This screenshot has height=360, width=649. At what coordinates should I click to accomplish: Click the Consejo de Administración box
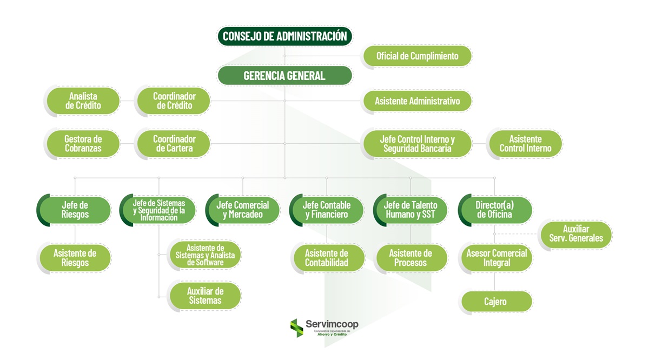click(x=284, y=36)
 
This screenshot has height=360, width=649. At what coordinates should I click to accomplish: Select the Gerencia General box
click(x=284, y=76)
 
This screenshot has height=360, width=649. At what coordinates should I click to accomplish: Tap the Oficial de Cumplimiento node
click(x=417, y=56)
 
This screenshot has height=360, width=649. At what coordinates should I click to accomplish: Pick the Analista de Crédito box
click(x=83, y=101)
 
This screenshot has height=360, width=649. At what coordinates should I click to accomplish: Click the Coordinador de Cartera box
click(x=174, y=144)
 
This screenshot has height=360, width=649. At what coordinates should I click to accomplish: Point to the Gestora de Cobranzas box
click(x=83, y=144)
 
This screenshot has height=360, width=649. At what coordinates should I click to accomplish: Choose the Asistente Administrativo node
click(x=417, y=101)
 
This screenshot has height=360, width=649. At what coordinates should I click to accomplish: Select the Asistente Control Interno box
click(x=525, y=144)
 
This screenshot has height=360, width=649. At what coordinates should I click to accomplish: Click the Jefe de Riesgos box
click(x=75, y=210)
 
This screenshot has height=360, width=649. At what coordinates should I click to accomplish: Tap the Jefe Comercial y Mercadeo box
click(x=243, y=210)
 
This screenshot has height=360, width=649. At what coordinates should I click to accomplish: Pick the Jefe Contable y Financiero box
click(x=327, y=210)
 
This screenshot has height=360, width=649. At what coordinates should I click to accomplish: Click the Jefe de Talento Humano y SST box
click(x=410, y=210)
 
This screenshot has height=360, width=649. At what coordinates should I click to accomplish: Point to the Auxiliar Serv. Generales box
click(x=576, y=234)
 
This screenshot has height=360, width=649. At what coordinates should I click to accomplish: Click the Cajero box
click(x=495, y=301)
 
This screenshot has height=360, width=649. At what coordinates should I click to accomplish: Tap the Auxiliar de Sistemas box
click(x=206, y=296)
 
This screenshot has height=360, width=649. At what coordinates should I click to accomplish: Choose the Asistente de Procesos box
click(x=410, y=258)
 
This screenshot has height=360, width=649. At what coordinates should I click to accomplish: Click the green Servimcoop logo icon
click(x=296, y=327)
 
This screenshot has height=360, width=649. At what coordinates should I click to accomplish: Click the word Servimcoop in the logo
click(x=332, y=324)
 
